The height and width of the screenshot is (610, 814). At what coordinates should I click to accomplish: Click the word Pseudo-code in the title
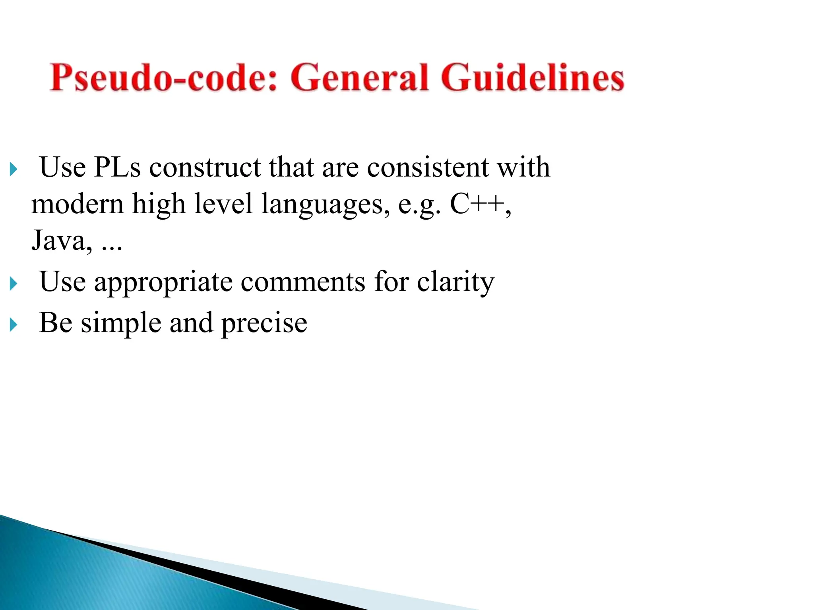click(163, 78)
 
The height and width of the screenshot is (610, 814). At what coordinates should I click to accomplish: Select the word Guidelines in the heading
click(532, 78)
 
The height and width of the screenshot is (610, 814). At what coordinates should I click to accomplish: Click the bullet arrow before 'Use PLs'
click(14, 170)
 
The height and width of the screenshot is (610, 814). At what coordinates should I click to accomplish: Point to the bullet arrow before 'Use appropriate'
click(14, 284)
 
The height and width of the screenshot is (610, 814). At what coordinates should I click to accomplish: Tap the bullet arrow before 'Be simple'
click(14, 325)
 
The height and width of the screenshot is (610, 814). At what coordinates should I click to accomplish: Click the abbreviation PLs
click(117, 167)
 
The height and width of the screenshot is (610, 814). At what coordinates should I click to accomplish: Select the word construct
click(205, 167)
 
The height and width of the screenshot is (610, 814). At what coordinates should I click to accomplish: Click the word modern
click(77, 204)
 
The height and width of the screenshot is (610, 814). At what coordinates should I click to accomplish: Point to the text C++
click(477, 204)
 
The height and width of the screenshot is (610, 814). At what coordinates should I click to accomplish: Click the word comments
click(303, 282)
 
